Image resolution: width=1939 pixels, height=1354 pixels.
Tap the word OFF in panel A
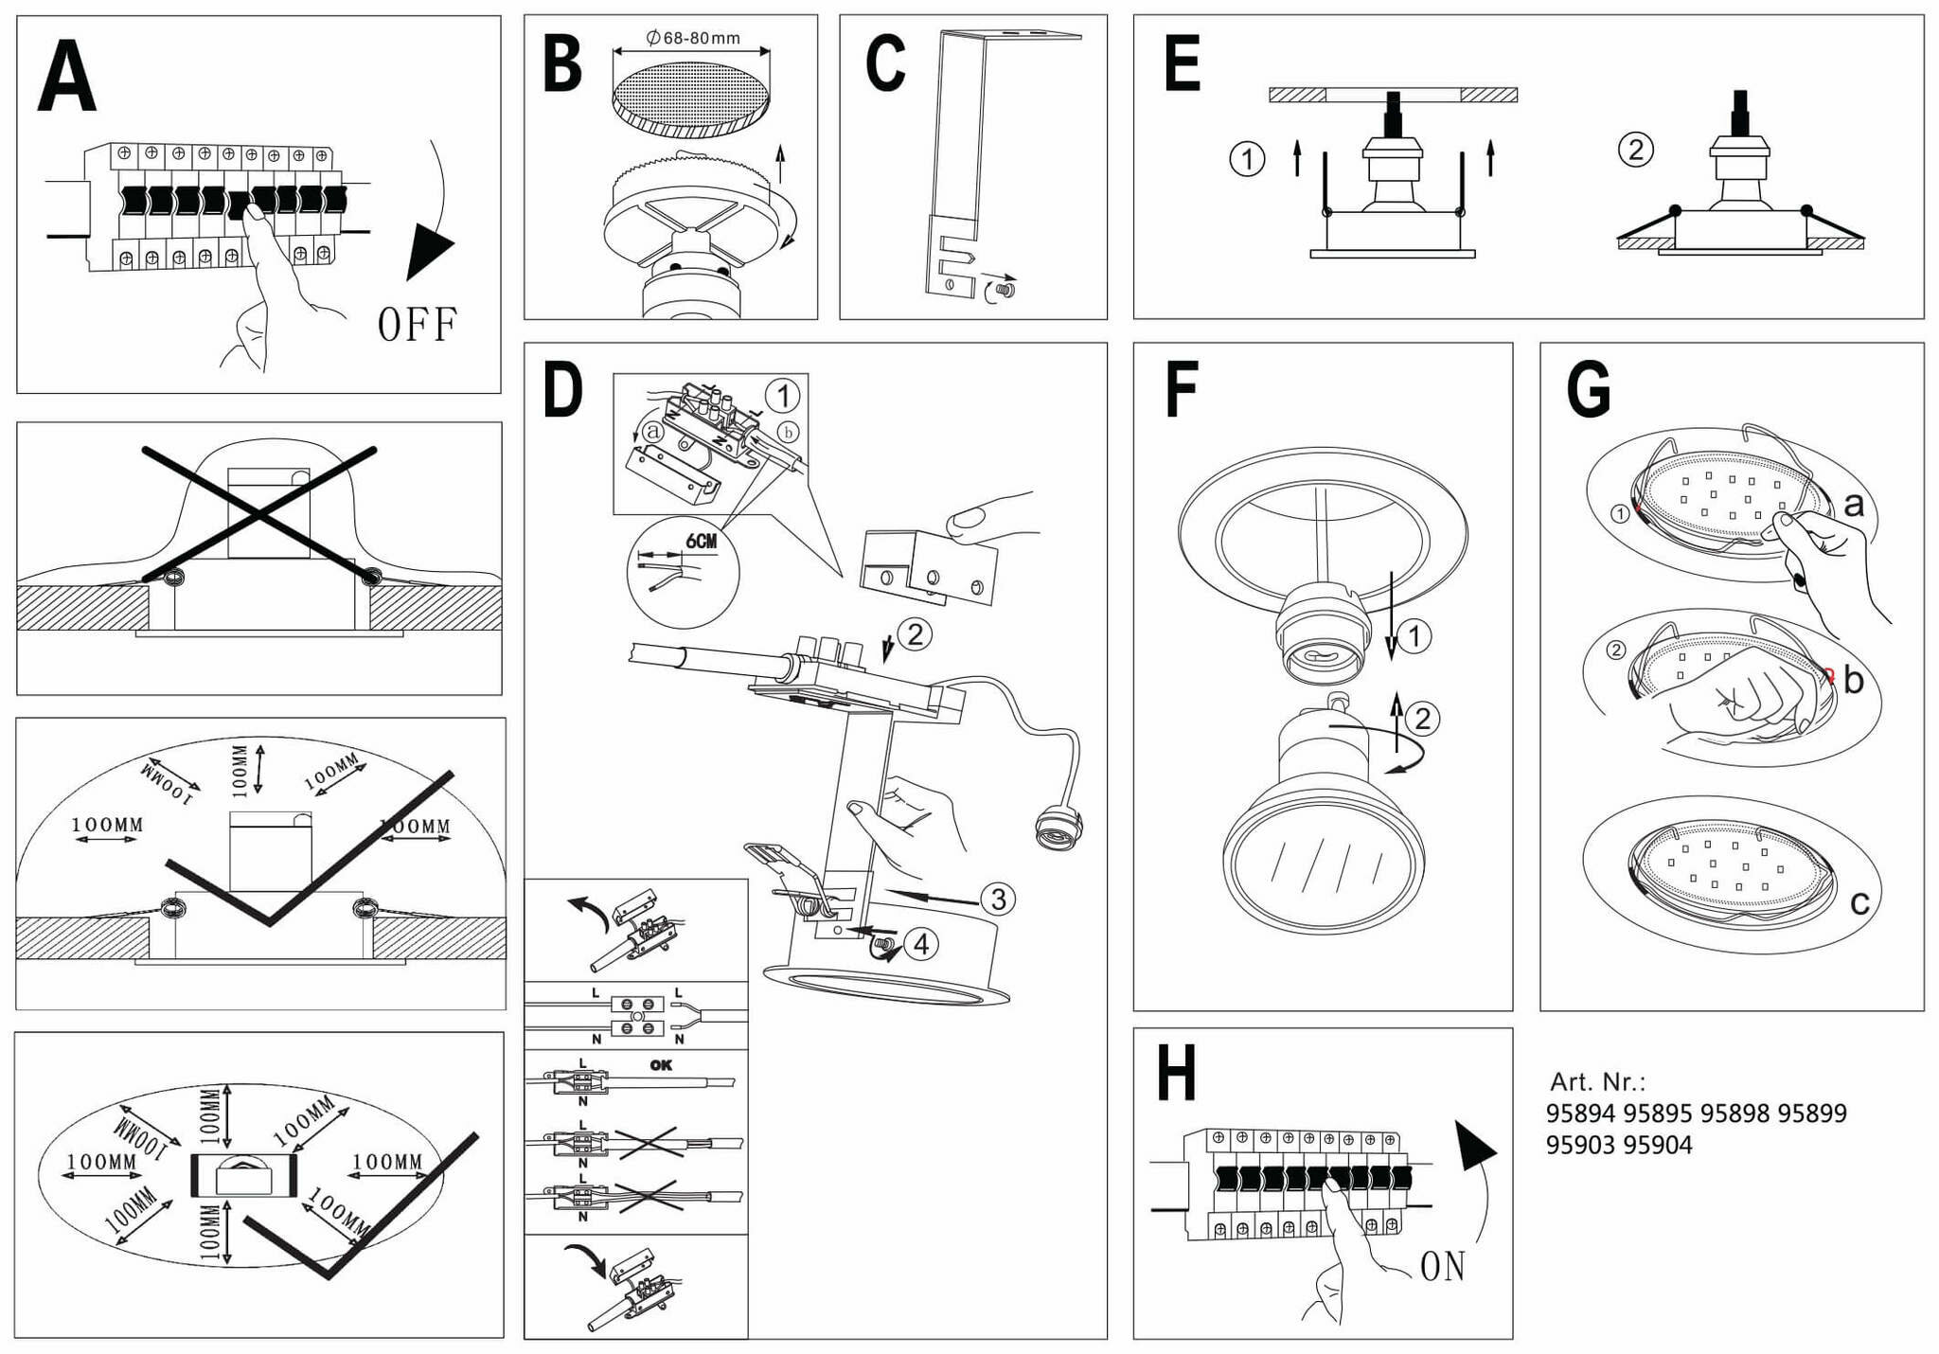417,325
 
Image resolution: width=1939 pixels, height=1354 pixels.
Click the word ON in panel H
1442,1267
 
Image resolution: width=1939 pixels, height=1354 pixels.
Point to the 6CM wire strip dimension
701,541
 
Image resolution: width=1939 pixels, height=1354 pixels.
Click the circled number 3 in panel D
998,899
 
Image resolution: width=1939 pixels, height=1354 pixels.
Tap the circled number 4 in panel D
920,943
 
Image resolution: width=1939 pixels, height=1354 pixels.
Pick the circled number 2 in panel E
1635,150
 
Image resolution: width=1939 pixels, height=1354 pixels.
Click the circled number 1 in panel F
1414,635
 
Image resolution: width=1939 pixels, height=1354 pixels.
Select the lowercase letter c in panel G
1859,903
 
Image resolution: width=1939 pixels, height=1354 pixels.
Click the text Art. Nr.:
1597,1081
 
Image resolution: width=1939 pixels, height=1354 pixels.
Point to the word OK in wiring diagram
661,1065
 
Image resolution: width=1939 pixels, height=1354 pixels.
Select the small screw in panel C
1005,288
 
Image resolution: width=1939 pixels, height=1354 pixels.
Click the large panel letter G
1589,388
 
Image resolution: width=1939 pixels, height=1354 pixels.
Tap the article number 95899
1811,1113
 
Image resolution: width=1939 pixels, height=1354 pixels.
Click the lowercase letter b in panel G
1853,680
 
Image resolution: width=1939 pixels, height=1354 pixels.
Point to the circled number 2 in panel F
1422,719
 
